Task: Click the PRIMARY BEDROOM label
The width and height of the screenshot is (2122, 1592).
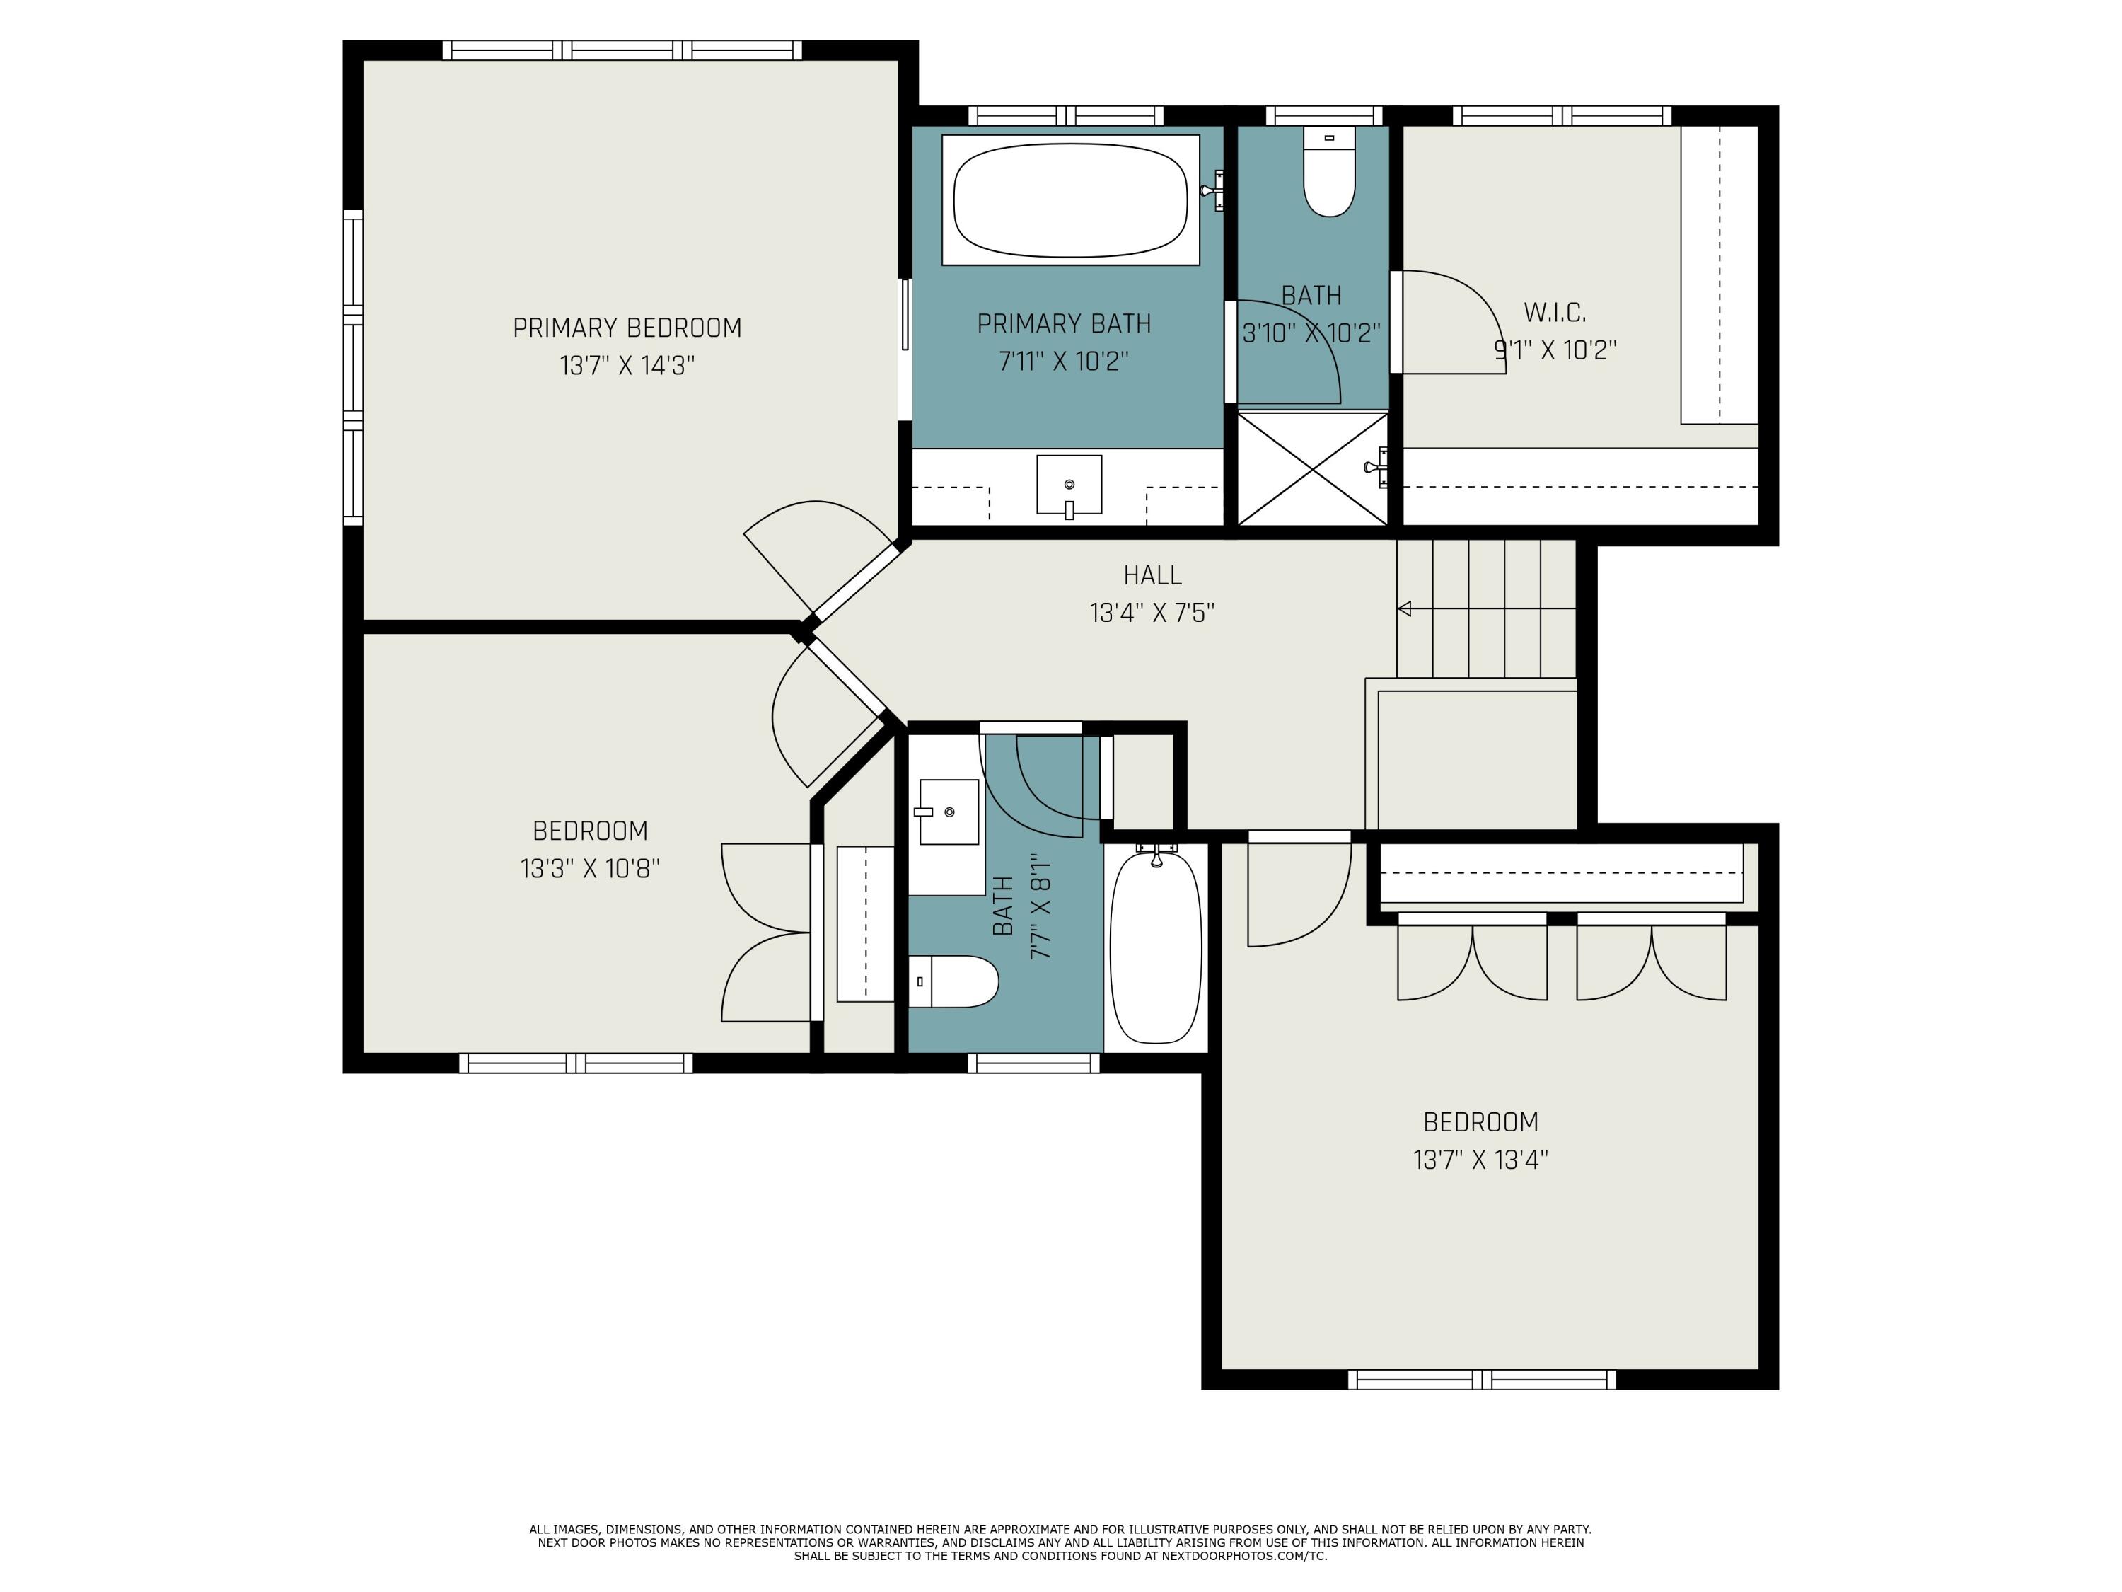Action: [627, 328]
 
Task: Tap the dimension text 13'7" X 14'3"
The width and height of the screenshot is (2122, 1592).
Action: [627, 366]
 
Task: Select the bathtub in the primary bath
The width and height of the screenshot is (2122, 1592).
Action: [1071, 200]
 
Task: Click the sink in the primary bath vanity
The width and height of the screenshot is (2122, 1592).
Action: [1069, 485]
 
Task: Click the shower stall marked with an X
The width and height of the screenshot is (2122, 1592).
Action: [1312, 469]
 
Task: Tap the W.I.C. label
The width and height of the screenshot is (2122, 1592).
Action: [1555, 313]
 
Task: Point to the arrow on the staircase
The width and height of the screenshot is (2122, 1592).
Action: [1487, 608]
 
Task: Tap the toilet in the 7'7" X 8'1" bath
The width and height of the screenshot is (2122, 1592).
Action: [953, 981]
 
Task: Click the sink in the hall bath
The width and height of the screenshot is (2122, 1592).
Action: [949, 812]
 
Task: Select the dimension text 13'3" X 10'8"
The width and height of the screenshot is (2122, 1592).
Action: [590, 868]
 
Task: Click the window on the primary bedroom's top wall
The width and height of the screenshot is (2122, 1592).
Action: [622, 50]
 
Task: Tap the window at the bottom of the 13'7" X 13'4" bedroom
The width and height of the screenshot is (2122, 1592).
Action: [1482, 1379]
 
